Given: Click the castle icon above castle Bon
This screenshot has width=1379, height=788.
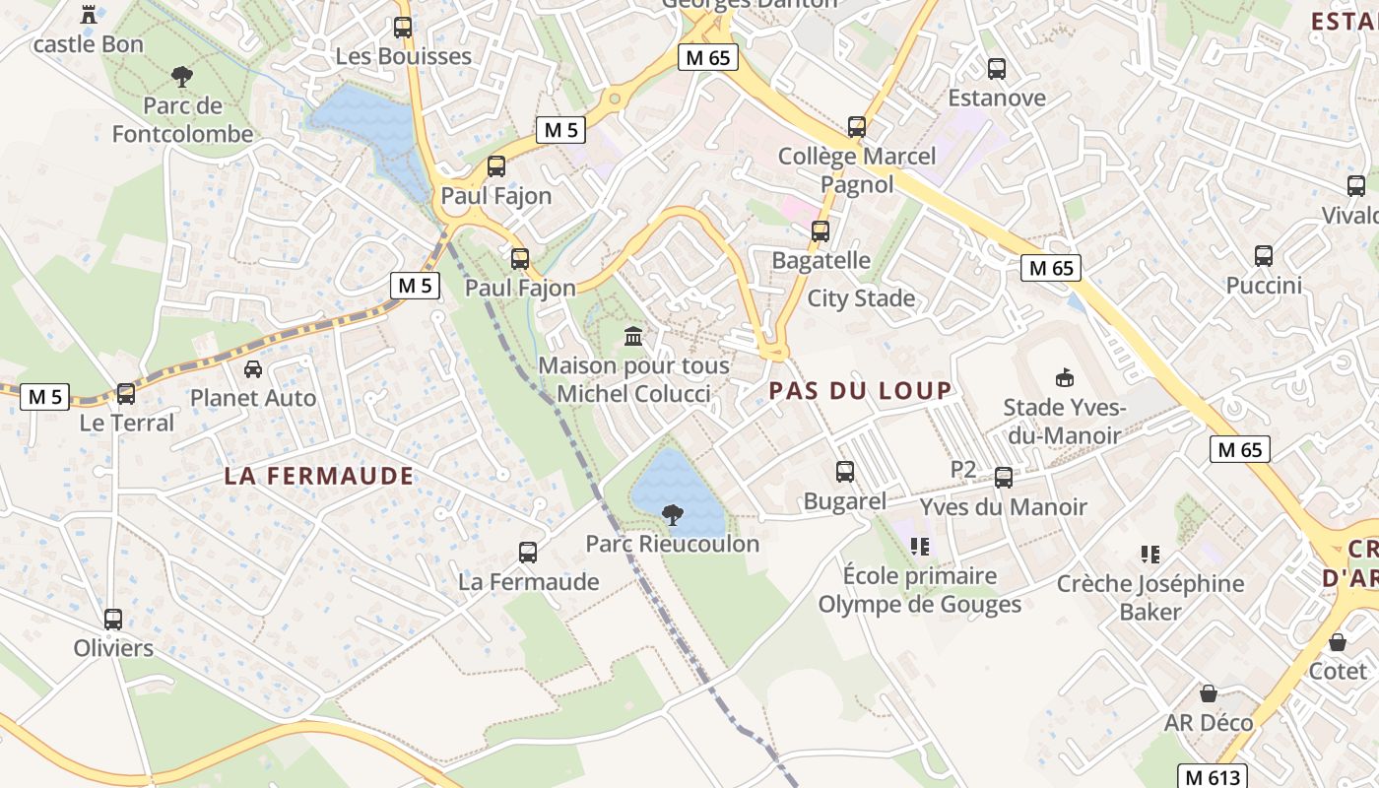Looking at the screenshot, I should coord(90,14).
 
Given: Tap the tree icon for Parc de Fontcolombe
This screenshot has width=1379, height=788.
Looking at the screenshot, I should coord(181,76).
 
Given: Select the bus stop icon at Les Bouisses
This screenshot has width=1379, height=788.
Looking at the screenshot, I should coord(402,28).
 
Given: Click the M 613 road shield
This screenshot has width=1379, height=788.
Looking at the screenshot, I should coord(1212,776).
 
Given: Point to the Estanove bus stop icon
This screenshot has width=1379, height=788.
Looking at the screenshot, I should coord(997,69).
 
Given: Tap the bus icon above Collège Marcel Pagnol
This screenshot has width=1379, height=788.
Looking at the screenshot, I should coord(857,127).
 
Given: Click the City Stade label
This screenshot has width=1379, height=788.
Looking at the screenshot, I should coord(861,298).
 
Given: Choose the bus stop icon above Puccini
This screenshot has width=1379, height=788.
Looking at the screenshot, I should coord(1264,256).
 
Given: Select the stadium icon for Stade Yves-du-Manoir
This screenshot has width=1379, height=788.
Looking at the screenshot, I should coord(1064,377).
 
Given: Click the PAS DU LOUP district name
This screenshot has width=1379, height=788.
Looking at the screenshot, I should coord(861,391).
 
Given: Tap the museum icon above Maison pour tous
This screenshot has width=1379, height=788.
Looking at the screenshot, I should coord(633,337).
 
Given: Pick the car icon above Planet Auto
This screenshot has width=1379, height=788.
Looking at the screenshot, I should coord(253,369).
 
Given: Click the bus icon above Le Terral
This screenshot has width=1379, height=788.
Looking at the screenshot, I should coord(126,394).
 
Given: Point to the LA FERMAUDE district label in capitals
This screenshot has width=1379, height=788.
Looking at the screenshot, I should coord(319,477).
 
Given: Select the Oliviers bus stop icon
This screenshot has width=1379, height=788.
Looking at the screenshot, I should coord(113,620).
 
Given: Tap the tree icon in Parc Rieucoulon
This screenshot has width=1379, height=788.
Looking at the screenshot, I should coord(673,514).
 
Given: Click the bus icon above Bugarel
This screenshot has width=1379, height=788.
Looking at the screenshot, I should coord(845,472).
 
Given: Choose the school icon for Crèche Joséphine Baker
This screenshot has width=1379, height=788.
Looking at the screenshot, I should coord(1149,555).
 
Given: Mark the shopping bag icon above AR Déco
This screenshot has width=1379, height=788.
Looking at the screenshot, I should coord(1209,693).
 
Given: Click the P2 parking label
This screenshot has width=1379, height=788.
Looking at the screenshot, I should coord(963,470).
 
